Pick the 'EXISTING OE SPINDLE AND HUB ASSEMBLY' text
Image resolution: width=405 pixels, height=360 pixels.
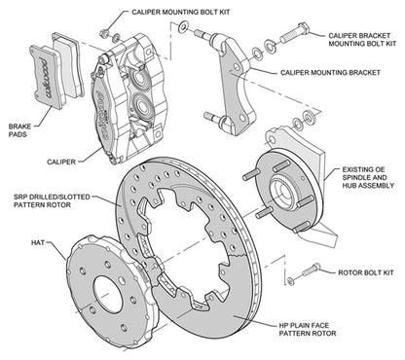(x=368, y=180)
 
